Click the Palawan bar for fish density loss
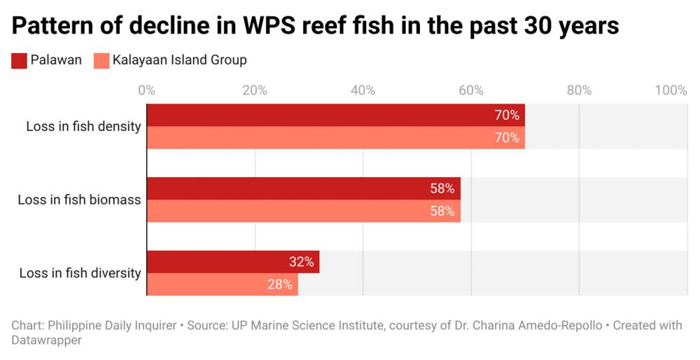click(335, 116)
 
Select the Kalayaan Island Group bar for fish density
click(335, 138)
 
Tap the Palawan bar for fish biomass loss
click(303, 188)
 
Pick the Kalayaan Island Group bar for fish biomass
click(303, 211)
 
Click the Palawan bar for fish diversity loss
click(232, 262)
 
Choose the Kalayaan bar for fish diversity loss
click(222, 284)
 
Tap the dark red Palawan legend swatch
click(18, 60)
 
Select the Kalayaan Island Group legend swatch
click(101, 60)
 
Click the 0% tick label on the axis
click(146, 90)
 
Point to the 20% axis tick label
click(255, 90)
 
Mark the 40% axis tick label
click(363, 90)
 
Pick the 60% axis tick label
click(471, 90)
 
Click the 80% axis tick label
click(579, 90)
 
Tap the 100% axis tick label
click(671, 90)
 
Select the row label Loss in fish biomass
click(79, 200)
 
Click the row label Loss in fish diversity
click(80, 273)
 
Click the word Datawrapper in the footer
click(47, 340)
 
